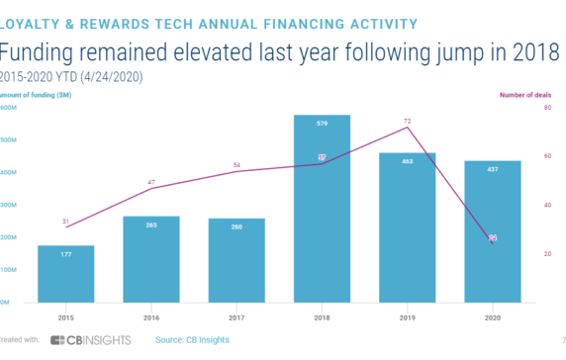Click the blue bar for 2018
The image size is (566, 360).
click(x=322, y=209)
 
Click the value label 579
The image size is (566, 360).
click(x=322, y=124)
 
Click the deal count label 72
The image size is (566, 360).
click(x=407, y=120)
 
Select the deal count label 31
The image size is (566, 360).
click(x=66, y=221)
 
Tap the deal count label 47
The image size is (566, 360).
click(x=151, y=182)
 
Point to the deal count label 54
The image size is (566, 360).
click(x=236, y=165)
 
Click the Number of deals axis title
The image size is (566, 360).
click(x=524, y=94)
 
